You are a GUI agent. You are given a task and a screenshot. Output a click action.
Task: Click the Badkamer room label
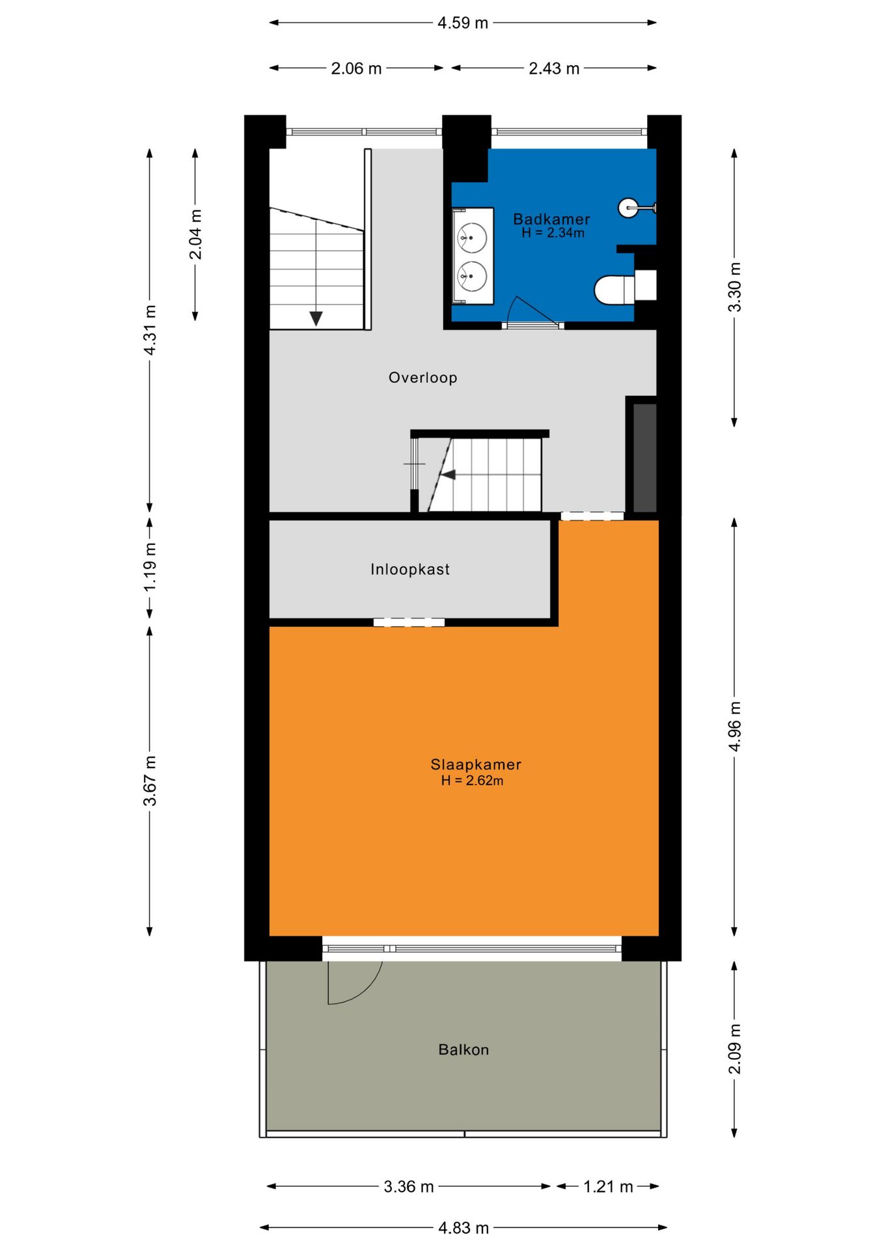pos(551,219)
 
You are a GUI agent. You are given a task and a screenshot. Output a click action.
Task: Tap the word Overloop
pos(422,378)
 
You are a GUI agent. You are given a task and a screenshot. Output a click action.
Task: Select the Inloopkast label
pos(410,569)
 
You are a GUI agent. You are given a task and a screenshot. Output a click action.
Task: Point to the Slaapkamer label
pos(476,764)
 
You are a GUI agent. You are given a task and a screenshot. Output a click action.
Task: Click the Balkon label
pos(463,1049)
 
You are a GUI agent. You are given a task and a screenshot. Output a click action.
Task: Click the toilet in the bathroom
pos(615,290)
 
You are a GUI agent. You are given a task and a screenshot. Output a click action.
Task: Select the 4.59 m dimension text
pos(463,23)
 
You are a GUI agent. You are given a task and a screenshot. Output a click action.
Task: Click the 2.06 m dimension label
pos(356,68)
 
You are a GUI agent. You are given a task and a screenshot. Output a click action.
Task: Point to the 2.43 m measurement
pos(554,68)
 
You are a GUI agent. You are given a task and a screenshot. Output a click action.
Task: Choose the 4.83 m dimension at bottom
pos(463,1228)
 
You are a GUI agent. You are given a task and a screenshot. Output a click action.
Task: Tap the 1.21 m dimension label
pos(608,1186)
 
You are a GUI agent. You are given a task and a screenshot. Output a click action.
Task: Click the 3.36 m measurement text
pos(408,1186)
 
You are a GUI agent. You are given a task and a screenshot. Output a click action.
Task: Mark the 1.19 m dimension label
pos(150,566)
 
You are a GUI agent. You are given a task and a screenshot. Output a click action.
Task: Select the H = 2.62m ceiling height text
pos(472,781)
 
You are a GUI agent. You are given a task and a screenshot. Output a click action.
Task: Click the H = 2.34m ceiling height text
pos(553,232)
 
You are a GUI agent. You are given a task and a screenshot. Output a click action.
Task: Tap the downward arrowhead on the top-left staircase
pos(316,318)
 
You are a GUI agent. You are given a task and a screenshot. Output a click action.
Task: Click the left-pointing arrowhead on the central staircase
pos(448,475)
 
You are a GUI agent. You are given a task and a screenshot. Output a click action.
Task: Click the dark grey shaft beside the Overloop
pos(644,457)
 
